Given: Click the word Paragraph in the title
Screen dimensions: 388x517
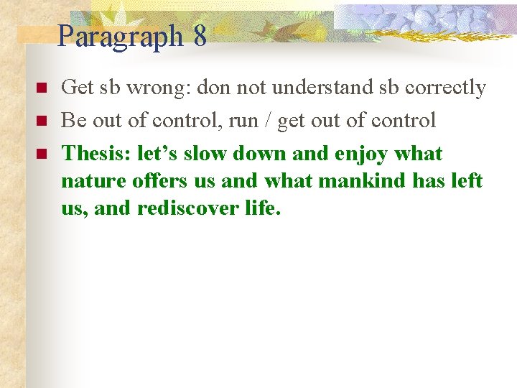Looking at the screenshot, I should click(121, 36).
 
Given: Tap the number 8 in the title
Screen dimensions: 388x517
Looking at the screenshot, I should click(200, 35).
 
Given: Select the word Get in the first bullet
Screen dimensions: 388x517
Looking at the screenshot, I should click(77, 88).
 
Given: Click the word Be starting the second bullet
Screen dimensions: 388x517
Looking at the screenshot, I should click(73, 121).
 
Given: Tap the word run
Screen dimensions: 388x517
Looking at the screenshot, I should click(243, 121).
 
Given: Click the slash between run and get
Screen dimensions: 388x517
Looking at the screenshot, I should click(268, 121).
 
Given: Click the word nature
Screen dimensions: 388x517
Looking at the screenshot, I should click(87, 182).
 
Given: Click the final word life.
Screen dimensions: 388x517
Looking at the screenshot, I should click(261, 208).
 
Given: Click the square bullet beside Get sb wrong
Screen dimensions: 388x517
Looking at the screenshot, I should click(40, 88).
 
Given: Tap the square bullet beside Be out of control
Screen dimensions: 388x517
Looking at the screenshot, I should click(40, 121).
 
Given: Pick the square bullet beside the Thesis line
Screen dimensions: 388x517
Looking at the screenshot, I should click(40, 154).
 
